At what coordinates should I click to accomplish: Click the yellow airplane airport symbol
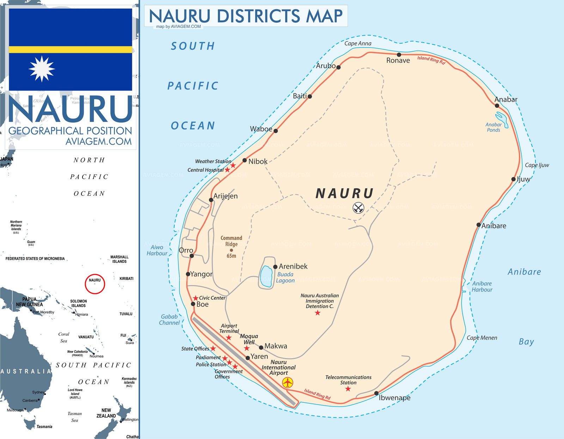tap(288, 382)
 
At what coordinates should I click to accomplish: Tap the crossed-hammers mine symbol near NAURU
tap(358, 208)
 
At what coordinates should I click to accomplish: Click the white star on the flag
tap(42, 69)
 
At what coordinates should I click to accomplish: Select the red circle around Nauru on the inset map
tap(95, 284)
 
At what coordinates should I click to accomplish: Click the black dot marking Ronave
tap(399, 55)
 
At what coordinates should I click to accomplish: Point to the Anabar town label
tap(506, 99)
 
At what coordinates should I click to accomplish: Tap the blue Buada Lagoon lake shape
tap(266, 277)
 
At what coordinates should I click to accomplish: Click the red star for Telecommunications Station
tap(348, 389)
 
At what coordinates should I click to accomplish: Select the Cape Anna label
tap(357, 43)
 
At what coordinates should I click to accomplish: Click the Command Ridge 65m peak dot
tap(231, 250)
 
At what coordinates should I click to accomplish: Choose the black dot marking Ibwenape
tap(376, 393)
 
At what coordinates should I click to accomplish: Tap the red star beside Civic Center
tap(196, 298)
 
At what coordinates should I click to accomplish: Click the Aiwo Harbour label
tap(157, 250)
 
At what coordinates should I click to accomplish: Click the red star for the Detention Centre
tap(318, 312)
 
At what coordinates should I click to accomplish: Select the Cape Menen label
tap(482, 338)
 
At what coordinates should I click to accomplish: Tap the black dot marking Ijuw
tap(514, 179)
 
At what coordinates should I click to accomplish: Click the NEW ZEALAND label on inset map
tap(106, 413)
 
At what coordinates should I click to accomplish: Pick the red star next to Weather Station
tap(233, 165)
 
